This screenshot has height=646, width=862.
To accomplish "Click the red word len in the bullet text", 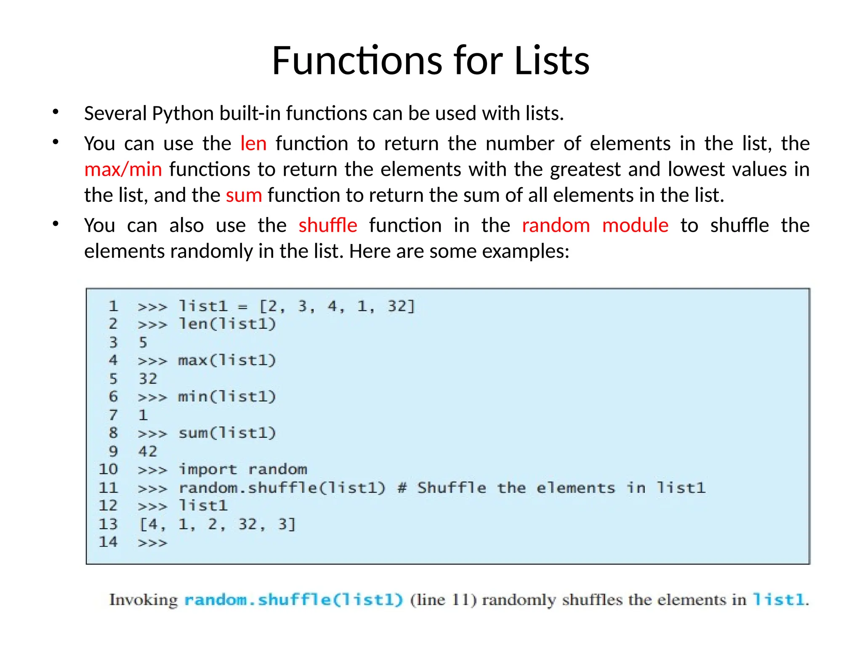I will click(x=253, y=144).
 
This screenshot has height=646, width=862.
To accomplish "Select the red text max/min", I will click(x=123, y=169).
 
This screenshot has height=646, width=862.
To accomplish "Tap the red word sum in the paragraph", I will click(x=244, y=195).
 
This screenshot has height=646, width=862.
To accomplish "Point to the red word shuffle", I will click(x=328, y=225).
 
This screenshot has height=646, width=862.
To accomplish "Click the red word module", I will click(x=635, y=225).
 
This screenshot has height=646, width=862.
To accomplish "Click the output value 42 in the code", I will click(x=148, y=451).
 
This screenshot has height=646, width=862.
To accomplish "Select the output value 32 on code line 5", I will click(x=148, y=379).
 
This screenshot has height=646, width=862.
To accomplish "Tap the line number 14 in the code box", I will click(x=108, y=542).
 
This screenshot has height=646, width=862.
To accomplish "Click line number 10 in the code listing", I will click(x=108, y=469).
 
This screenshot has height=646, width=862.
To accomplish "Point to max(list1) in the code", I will click(x=227, y=360).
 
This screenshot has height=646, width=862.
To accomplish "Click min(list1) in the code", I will click(x=227, y=397).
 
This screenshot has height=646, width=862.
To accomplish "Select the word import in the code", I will click(x=208, y=469).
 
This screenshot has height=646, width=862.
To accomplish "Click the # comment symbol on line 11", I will click(x=402, y=488).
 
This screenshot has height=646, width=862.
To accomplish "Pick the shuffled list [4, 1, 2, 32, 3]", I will click(x=218, y=524).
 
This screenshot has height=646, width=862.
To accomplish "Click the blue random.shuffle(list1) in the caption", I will click(x=294, y=600).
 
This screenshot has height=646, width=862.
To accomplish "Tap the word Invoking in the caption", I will click(x=144, y=600).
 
